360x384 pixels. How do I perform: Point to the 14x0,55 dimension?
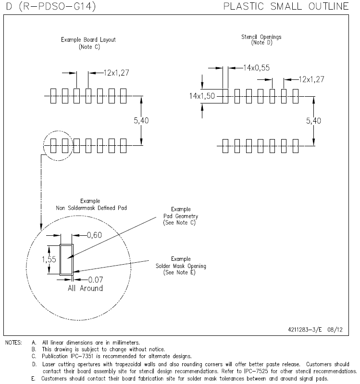[256, 68]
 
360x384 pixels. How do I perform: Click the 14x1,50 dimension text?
[202, 96]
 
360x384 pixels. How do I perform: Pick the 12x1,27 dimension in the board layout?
[116, 73]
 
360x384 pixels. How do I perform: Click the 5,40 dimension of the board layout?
[141, 121]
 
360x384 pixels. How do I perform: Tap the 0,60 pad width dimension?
[95, 235]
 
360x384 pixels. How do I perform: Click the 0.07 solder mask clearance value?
[95, 279]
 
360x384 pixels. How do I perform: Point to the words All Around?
[85, 288]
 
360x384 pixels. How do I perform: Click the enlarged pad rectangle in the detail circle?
[66, 259]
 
